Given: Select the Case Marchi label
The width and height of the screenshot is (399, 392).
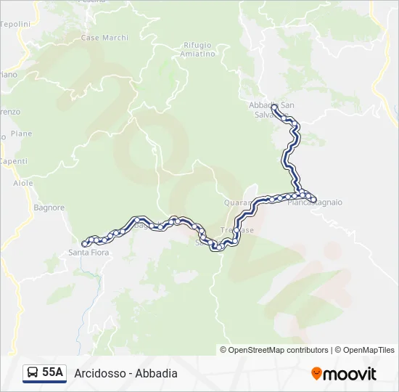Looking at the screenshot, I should tap(104, 38).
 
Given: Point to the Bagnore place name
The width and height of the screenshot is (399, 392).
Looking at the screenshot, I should tap(49, 208).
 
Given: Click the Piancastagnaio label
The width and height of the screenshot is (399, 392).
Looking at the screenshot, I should tap(315, 203).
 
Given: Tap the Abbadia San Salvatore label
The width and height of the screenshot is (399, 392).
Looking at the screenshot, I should tap(271, 110).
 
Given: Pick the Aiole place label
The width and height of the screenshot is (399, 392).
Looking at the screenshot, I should tap(23, 184).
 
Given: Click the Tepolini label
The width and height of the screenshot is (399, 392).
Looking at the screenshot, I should tap(15, 24).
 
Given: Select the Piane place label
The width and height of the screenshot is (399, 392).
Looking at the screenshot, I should tap(22, 134).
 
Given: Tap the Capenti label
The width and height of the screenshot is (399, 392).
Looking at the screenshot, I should tap(13, 161).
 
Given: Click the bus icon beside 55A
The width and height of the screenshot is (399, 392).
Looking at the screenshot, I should tap(33, 373).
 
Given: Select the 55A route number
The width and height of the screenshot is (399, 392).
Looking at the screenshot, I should tap(53, 373).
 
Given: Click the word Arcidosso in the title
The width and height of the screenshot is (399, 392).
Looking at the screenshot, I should tap(99, 373).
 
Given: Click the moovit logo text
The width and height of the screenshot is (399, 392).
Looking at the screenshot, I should tap(350, 374).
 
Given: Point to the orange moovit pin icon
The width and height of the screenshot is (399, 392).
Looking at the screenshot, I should tap(316, 374).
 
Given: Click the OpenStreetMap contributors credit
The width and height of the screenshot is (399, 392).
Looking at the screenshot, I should tap(279, 350).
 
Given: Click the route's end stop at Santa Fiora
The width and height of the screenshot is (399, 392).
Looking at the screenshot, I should tap(86, 243).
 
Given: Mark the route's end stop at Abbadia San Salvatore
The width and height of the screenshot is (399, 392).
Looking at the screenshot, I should tap(275, 107).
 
